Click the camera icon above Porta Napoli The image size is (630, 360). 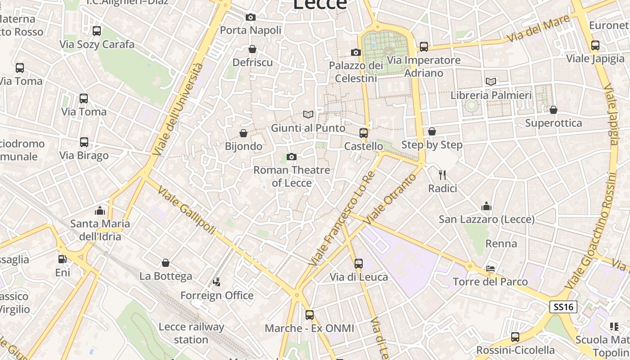251,18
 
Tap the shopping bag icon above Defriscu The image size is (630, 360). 252,49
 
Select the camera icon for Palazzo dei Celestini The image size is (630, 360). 356,53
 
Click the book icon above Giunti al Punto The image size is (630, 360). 308,115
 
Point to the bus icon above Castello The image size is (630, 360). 364,133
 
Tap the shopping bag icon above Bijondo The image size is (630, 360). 243,133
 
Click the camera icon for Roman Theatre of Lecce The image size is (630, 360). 292,157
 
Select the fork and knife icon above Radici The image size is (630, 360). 442,175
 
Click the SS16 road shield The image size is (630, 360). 563,307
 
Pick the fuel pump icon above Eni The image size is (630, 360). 63,259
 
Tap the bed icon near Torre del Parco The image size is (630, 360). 490,269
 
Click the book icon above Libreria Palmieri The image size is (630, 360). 491,82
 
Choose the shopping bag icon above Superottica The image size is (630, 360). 553,110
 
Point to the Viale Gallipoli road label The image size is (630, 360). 186,211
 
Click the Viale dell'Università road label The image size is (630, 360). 178,109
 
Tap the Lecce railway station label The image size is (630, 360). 191,333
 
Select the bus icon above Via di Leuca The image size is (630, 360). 359,264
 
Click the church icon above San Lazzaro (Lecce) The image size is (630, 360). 486,207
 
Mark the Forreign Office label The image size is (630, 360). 217,296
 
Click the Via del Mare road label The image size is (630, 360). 538,29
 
